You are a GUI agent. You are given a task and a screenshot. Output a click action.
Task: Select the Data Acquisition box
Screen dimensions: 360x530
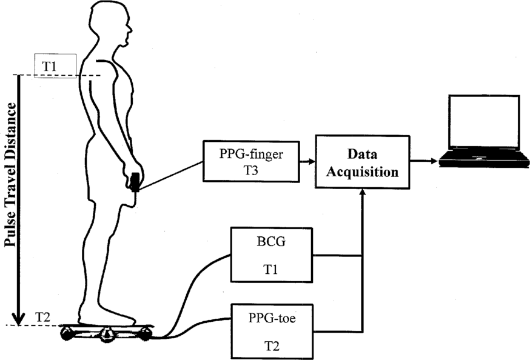363,162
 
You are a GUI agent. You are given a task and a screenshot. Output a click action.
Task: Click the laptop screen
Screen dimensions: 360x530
483,123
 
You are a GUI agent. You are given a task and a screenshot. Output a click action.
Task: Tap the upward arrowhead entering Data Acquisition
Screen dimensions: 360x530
363,192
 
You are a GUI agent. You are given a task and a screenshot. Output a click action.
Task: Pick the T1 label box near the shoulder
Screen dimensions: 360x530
55,65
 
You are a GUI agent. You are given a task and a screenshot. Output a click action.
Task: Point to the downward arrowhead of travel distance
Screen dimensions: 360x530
19,318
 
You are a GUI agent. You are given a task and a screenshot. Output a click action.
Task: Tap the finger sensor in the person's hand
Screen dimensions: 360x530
135,181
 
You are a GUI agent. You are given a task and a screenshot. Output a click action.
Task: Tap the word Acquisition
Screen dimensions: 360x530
363,172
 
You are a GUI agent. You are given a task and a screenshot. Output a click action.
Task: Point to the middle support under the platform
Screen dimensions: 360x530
107,333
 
